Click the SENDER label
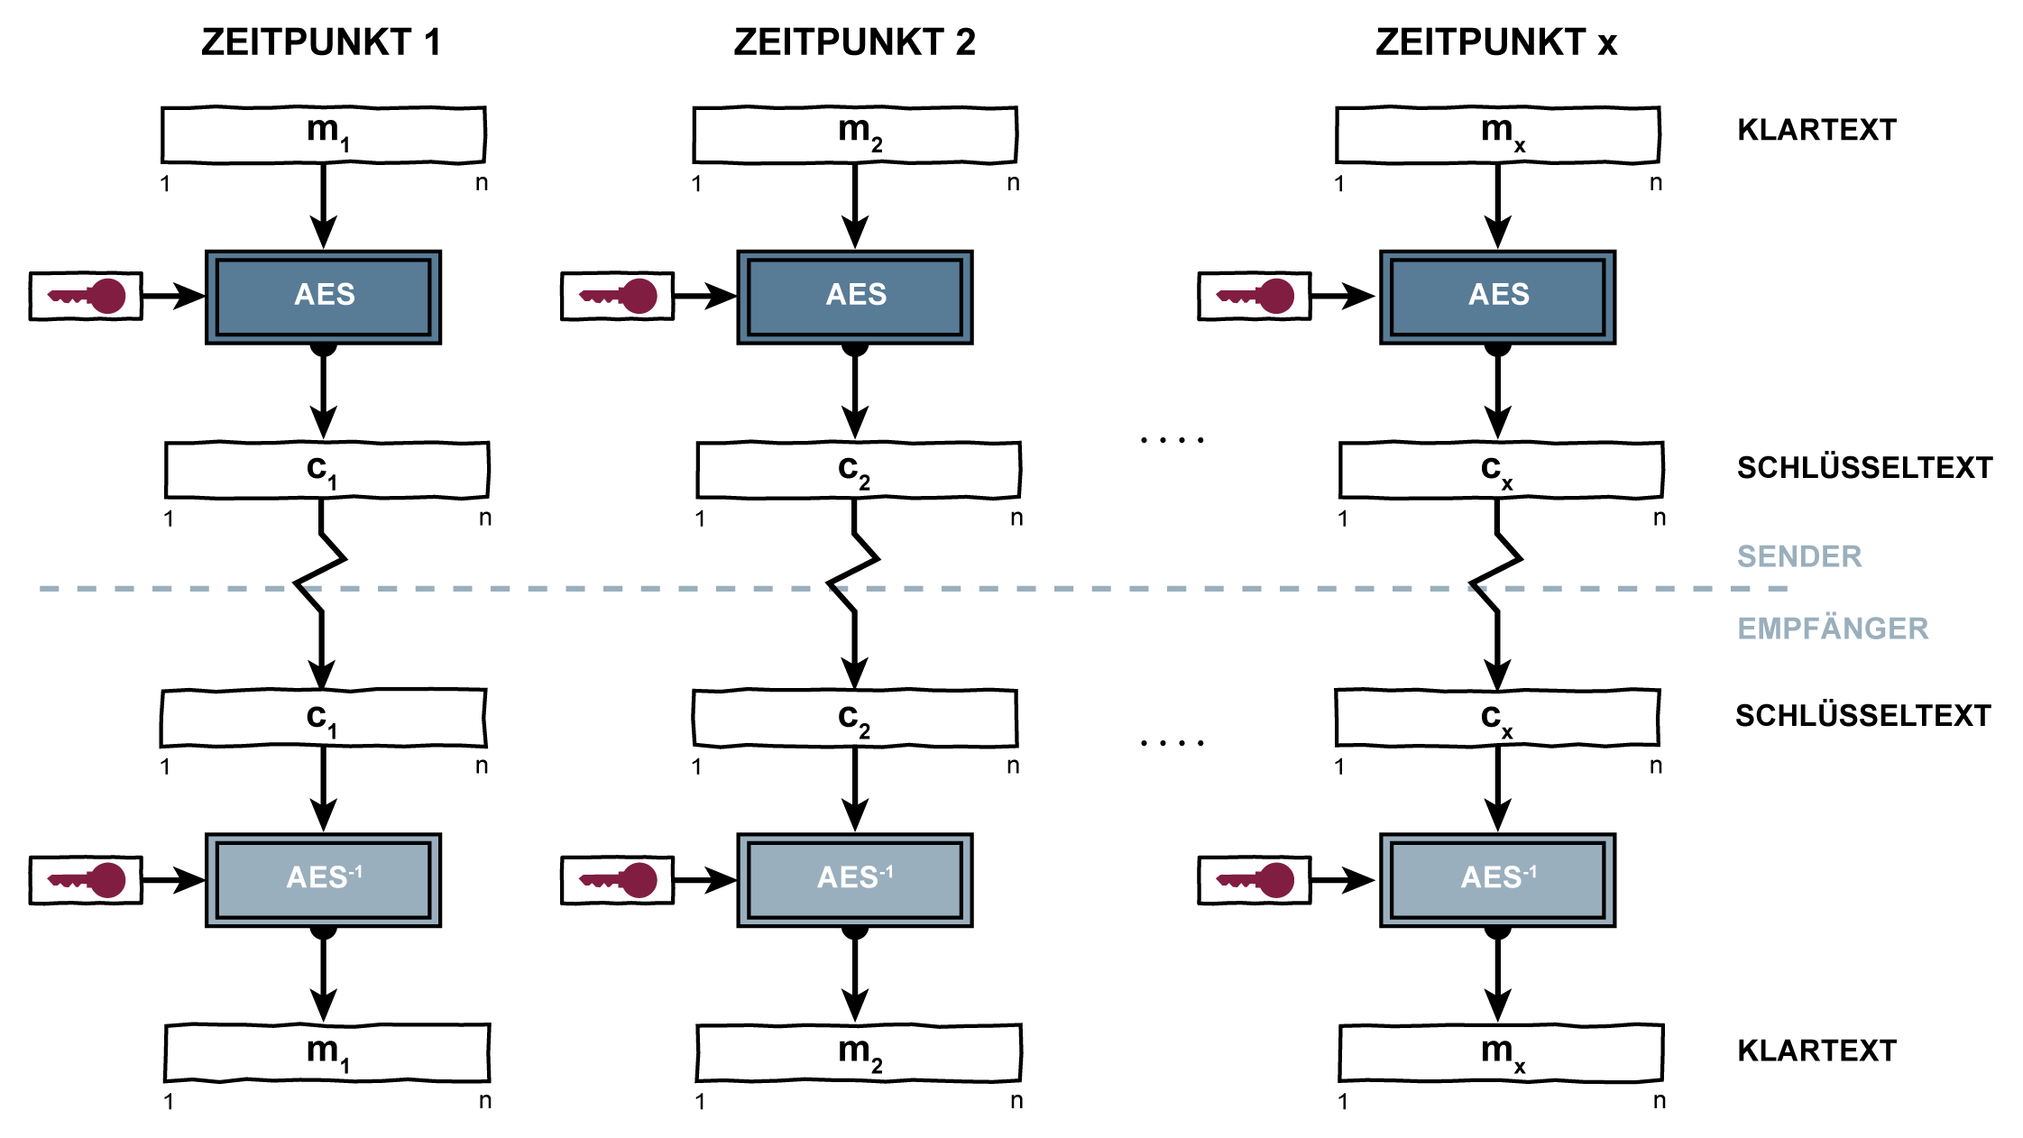1798,556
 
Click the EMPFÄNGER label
1832,629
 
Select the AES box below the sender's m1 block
323,297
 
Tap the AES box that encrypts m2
855,297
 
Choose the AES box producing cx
1497,297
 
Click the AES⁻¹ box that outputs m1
323,879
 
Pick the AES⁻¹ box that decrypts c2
855,879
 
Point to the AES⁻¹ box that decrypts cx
1497,879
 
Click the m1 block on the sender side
323,135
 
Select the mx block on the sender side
1497,135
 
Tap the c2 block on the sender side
858,470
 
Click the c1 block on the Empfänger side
323,718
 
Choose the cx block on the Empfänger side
1497,718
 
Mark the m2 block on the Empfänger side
858,1052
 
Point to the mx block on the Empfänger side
1501,1052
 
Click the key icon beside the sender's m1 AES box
86,296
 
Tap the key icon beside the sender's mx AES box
1254,296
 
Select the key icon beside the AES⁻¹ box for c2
617,879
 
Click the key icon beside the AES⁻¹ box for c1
86,879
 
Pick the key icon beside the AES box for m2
617,296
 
